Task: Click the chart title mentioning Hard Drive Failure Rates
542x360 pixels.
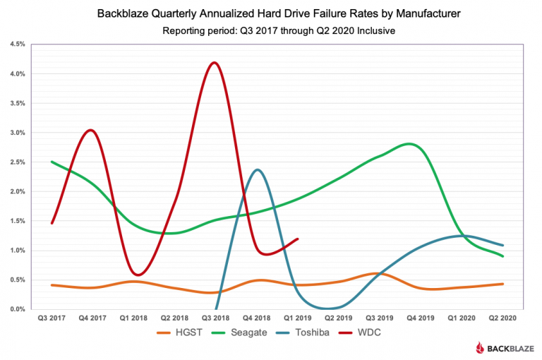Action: (271, 14)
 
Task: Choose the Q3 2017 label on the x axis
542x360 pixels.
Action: (51, 319)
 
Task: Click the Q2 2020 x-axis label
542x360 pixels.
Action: (503, 319)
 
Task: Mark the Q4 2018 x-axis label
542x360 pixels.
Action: (257, 319)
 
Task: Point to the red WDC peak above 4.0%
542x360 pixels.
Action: (215, 63)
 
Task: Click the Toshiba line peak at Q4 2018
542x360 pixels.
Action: (258, 169)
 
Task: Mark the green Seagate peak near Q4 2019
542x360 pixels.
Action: (409, 144)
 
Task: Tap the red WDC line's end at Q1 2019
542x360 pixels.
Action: (298, 239)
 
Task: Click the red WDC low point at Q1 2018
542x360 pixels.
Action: (139, 275)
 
